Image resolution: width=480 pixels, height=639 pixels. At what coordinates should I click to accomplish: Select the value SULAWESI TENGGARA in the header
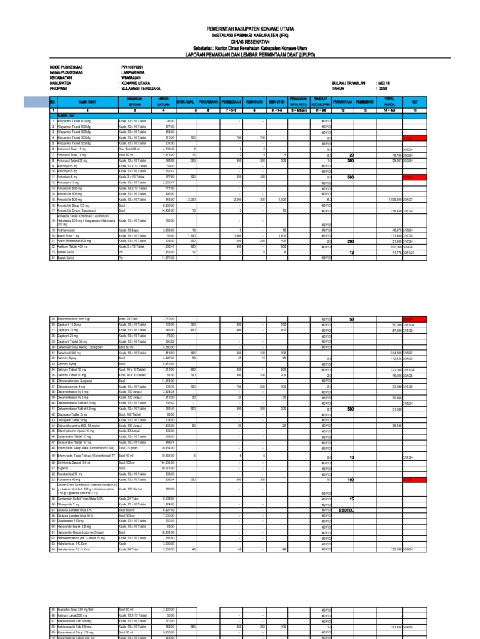pos(140,89)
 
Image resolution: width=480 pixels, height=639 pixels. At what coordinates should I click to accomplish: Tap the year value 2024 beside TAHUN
pos(382,89)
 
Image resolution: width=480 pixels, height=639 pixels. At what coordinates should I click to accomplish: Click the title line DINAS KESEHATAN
pos(240,42)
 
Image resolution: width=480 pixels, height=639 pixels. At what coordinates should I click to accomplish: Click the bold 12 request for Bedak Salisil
pos(352,252)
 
